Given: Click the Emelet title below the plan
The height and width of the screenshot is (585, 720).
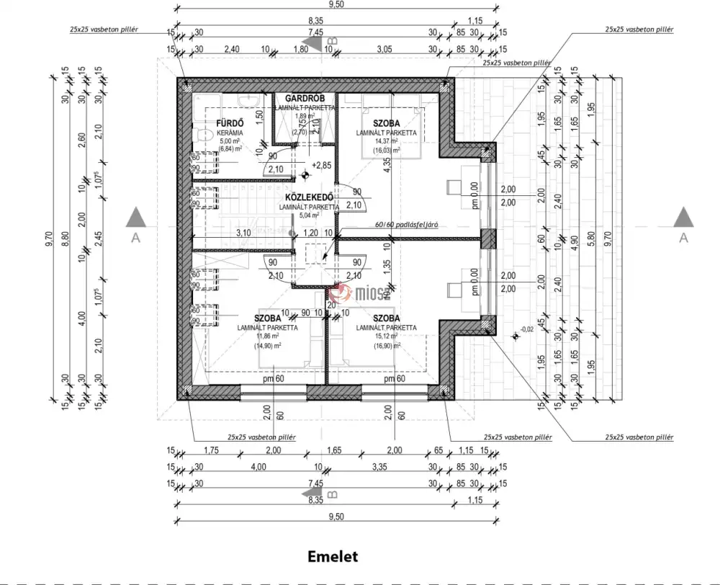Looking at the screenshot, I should pyautogui.click(x=333, y=556).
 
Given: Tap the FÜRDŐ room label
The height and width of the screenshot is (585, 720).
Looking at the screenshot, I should pyautogui.click(x=229, y=123).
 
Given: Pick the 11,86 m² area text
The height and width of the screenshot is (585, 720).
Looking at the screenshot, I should pyautogui.click(x=267, y=336).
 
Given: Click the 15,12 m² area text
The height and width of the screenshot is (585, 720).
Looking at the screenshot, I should pyautogui.click(x=387, y=336).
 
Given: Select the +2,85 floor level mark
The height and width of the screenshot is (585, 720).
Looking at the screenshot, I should pyautogui.click(x=321, y=165).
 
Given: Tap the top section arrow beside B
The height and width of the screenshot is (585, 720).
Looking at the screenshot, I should pyautogui.click(x=314, y=45).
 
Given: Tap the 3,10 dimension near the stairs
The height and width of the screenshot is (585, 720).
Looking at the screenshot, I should pyautogui.click(x=243, y=233).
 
